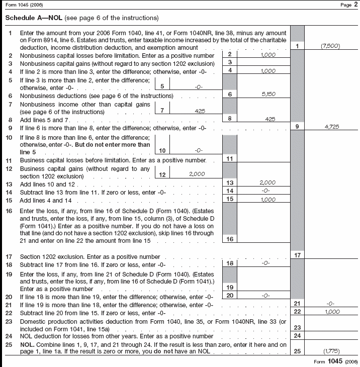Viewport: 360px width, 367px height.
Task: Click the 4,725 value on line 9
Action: coord(330,127)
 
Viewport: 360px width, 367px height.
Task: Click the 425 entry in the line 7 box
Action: coord(200,111)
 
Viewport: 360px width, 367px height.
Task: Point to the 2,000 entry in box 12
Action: coord(200,174)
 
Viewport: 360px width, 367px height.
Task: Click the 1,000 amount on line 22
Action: coord(330,312)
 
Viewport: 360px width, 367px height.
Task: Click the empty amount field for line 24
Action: coord(330,335)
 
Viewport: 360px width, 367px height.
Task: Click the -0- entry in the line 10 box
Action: coord(200,150)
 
